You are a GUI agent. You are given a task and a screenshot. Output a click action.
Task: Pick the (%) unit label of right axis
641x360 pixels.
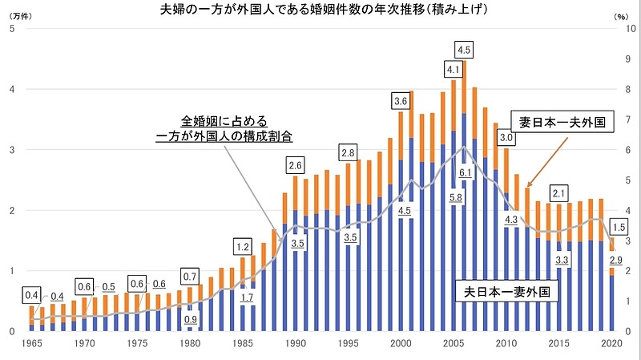[621, 16]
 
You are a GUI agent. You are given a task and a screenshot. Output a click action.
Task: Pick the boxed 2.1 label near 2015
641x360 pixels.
[560, 193]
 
